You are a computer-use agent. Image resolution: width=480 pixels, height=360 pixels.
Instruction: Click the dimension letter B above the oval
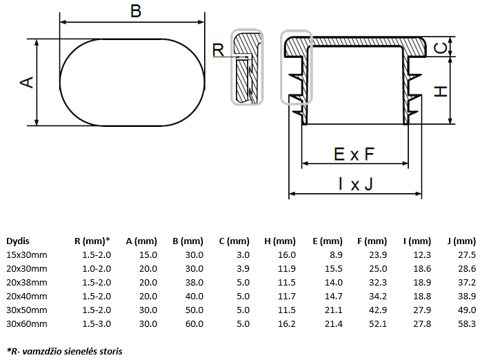[x=135, y=10]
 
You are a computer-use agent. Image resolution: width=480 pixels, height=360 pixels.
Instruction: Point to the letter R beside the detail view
[x=218, y=50]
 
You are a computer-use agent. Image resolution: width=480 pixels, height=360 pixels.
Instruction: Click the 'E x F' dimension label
[x=354, y=154]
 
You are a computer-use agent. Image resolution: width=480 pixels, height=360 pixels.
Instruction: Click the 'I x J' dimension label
[x=355, y=183]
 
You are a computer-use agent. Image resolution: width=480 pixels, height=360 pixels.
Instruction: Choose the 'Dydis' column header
[x=18, y=241]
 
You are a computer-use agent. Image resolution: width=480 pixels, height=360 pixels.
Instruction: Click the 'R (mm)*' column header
[x=92, y=241]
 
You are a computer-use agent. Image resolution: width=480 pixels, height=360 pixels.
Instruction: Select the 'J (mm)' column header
[x=461, y=241]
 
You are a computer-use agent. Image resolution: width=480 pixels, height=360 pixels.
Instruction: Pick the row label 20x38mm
[x=27, y=282]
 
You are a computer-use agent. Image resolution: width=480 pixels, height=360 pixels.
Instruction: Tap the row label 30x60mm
[x=27, y=323]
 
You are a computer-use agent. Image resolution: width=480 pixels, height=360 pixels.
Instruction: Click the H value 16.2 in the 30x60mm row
[x=286, y=323]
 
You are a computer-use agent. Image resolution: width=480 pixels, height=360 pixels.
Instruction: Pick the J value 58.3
[x=466, y=323]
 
